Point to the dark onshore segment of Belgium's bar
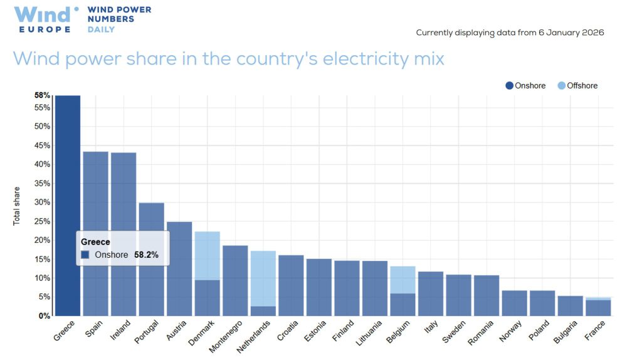tap(403, 304)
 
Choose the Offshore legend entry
tap(577, 85)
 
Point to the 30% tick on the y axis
tap(43, 202)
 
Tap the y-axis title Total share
tap(17, 206)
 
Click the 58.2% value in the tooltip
tap(147, 255)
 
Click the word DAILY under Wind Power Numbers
tap(101, 29)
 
